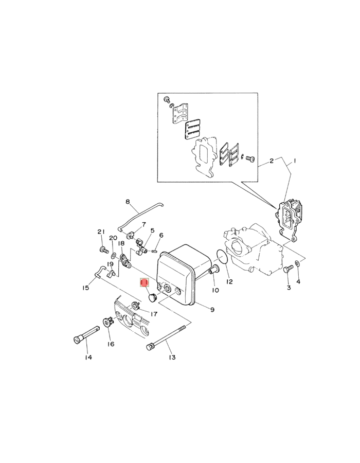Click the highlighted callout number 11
[145, 283]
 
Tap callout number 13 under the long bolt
[172, 358]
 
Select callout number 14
[88, 358]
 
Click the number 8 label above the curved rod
[128, 202]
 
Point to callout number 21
[101, 232]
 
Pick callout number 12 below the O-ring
[229, 281]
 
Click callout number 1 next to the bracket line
[294, 161]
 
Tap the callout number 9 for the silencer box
[212, 310]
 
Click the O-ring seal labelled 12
[222, 257]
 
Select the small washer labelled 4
[297, 263]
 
